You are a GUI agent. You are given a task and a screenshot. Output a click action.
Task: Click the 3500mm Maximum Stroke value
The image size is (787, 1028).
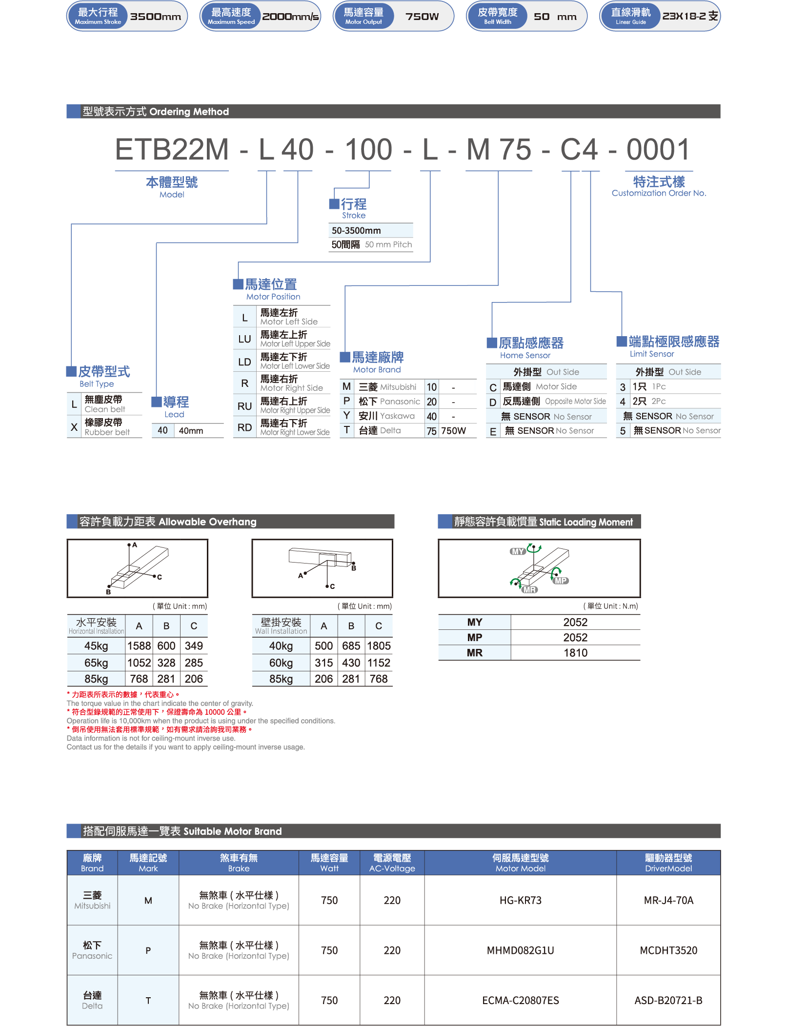156,17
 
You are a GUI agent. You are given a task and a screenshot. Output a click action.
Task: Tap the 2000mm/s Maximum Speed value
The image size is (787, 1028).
290,17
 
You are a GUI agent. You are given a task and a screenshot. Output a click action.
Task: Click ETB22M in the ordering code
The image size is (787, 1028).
172,149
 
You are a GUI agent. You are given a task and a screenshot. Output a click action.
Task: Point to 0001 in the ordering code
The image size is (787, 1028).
658,149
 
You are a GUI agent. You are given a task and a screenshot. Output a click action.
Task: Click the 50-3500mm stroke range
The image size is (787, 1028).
356,230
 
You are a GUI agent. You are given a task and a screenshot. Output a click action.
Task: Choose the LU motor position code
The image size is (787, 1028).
244,339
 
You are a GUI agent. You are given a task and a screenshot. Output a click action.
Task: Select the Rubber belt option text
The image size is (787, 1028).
107,432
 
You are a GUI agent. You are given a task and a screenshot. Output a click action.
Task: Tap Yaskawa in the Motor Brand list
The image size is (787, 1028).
397,416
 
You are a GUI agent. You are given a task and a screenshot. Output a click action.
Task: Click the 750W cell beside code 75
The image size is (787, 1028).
453,431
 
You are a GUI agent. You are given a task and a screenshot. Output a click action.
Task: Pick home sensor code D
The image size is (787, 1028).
493,402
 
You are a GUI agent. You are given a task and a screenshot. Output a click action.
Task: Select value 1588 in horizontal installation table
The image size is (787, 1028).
139,646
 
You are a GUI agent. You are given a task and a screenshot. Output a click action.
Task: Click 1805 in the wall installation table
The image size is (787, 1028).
379,646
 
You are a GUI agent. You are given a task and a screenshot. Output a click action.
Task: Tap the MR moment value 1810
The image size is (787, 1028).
575,653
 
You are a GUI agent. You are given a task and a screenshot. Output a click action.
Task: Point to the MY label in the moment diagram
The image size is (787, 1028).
517,551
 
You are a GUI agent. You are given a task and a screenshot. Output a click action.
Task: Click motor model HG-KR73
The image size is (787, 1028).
521,900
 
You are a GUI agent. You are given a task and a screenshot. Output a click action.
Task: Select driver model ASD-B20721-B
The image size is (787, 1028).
668,1000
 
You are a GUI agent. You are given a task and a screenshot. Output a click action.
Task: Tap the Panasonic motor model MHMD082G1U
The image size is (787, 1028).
521,950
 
